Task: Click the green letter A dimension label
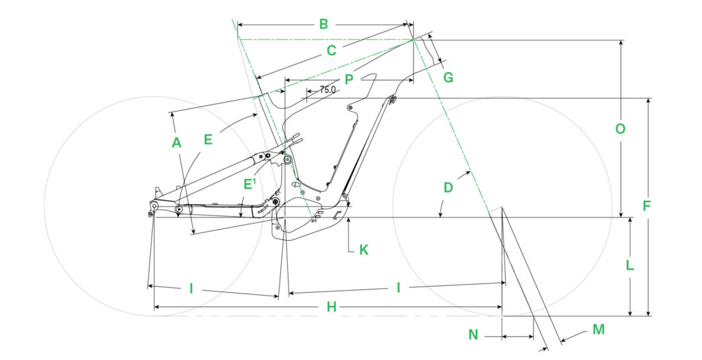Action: point(176,143)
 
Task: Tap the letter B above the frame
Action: point(324,25)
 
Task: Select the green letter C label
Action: point(331,51)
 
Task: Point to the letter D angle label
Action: point(448,187)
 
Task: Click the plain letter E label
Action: point(208,140)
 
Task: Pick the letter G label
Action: point(448,77)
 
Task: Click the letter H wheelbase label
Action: point(331,308)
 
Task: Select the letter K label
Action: point(364,250)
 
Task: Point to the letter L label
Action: point(630,265)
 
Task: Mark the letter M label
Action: point(598,330)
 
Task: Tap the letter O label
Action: point(620,129)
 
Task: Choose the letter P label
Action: point(349,80)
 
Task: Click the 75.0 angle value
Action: point(327,90)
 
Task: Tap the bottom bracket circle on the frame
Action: point(275,203)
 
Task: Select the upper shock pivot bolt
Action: point(287,160)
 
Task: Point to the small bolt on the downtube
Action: point(350,108)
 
